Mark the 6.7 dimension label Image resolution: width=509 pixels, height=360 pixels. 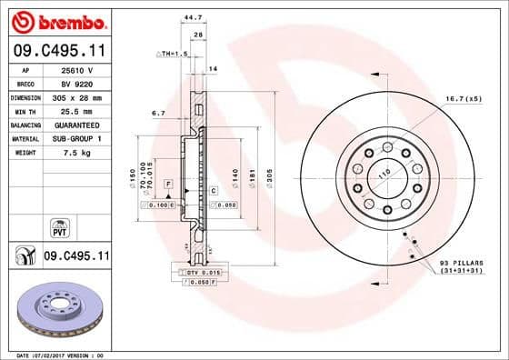(157, 114)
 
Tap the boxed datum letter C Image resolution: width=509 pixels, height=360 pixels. (213, 190)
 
